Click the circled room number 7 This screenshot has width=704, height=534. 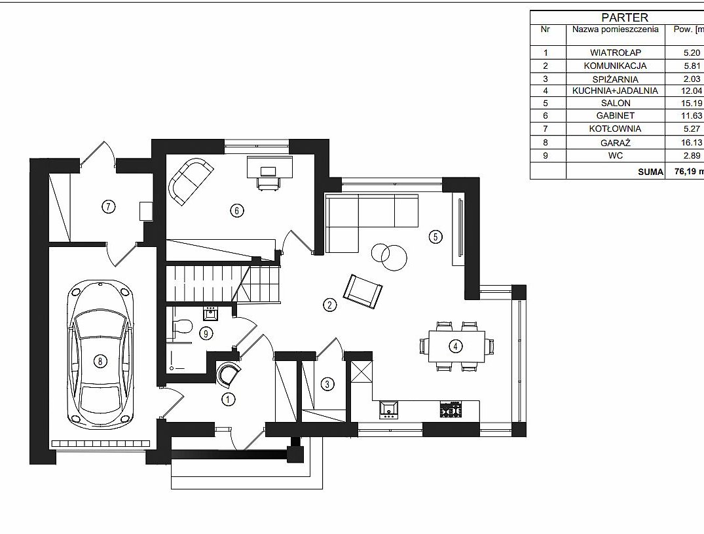(109, 206)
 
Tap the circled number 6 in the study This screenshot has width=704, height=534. (237, 210)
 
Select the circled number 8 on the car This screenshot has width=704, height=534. (100, 360)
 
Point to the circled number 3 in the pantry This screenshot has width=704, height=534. (327, 385)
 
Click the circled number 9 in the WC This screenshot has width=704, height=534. (206, 334)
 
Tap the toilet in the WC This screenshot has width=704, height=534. (183, 326)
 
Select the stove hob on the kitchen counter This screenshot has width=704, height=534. (451, 410)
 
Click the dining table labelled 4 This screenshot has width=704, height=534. (456, 346)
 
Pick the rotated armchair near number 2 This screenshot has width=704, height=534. (363, 292)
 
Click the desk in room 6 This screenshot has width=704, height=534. (270, 167)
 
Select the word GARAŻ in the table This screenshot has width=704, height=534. (615, 143)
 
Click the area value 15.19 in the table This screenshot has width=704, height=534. (692, 104)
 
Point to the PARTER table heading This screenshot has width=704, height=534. (625, 18)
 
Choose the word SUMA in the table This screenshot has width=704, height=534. (650, 172)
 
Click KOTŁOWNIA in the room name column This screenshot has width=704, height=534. (615, 129)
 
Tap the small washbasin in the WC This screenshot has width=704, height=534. (211, 313)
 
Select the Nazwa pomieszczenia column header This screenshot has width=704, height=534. (615, 29)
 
